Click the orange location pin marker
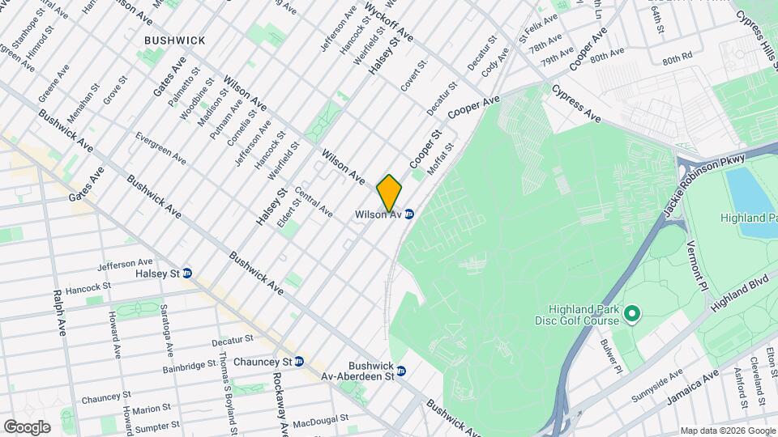coord(389,193)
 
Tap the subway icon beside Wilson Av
coord(409,214)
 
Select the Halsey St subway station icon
coord(187,274)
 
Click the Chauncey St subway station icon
coord(299,361)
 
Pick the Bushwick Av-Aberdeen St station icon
coord(401,371)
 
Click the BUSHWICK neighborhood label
coord(174,40)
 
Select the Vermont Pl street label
coord(697,266)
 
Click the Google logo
coord(27,426)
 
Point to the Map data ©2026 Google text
coord(727,431)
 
